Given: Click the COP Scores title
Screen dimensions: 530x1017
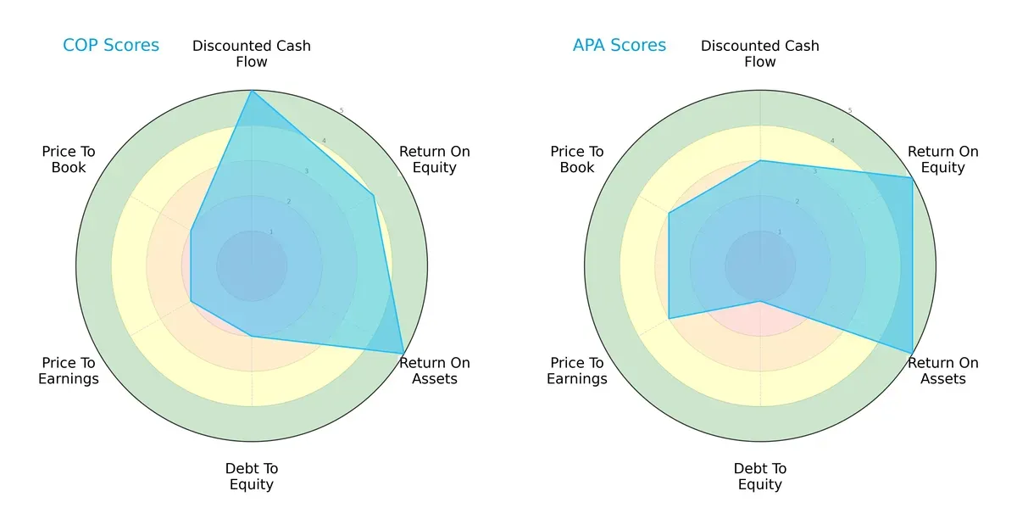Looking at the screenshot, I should pyautogui.click(x=111, y=45).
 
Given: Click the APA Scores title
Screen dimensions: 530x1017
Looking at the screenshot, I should pyautogui.click(x=620, y=45).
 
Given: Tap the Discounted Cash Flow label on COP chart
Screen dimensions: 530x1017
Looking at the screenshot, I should pyautogui.click(x=252, y=53).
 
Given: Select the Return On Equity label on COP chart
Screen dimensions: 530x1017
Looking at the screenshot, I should pyautogui.click(x=435, y=159).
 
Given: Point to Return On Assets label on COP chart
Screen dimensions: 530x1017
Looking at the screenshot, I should pyautogui.click(x=435, y=371).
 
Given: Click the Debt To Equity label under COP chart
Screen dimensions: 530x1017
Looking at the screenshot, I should pyautogui.click(x=252, y=477).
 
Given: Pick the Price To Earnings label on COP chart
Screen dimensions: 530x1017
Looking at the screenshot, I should pyautogui.click(x=69, y=371).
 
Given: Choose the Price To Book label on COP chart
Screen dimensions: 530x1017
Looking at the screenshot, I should pyautogui.click(x=69, y=159).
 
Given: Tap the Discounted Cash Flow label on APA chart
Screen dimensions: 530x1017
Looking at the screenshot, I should pyautogui.click(x=760, y=53).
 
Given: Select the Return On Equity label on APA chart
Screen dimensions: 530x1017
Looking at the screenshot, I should pyautogui.click(x=943, y=159).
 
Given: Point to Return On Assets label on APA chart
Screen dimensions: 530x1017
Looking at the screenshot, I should pyautogui.click(x=943, y=371).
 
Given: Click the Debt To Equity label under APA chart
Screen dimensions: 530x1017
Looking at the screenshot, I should pyautogui.click(x=760, y=477).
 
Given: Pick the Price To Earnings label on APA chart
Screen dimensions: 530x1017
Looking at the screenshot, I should pyautogui.click(x=577, y=371).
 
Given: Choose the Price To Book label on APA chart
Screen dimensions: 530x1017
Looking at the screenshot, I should pyautogui.click(x=577, y=159).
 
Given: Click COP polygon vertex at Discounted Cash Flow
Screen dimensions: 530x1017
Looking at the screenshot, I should pyautogui.click(x=252, y=91).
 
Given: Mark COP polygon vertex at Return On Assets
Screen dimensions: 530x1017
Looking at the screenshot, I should pyautogui.click(x=403, y=354).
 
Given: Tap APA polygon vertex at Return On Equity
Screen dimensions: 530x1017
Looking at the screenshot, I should pyautogui.click(x=912, y=178).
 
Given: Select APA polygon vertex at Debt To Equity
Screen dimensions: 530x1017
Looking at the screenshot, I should pyautogui.click(x=760, y=301).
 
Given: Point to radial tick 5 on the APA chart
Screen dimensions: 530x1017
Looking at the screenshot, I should pyautogui.click(x=850, y=111).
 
